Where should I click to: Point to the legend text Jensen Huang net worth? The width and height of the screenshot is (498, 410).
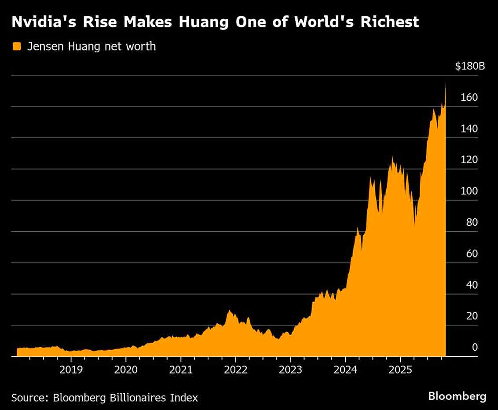pos(92,47)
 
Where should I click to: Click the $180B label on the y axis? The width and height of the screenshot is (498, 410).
pos(469,67)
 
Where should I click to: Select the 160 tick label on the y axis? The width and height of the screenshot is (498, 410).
pos(469,98)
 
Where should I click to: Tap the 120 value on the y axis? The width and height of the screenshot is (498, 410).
pos(469,160)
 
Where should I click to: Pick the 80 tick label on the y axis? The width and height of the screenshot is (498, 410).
pos(472,223)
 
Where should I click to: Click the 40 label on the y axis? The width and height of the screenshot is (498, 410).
pos(472,285)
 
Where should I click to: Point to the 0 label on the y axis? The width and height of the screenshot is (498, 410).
pos(475,348)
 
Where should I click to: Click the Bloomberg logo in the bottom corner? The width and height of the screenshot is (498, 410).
pos(457,396)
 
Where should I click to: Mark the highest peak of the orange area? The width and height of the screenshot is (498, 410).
pos(445,84)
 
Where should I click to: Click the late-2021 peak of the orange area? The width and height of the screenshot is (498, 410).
pos(229,311)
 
